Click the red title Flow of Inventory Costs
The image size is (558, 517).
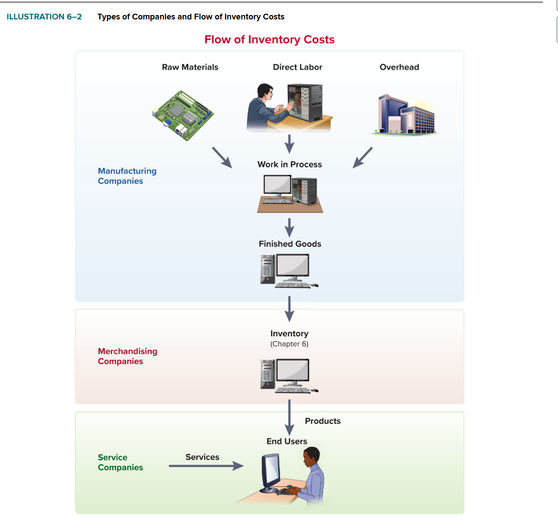click(269, 40)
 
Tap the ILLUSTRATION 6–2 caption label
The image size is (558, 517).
click(44, 17)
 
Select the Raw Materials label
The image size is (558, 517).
click(190, 67)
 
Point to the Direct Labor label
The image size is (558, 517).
click(298, 67)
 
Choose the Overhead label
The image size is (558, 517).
click(399, 67)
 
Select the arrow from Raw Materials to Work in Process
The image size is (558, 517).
click(222, 157)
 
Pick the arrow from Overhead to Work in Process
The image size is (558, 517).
click(362, 157)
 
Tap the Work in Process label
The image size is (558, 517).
click(290, 164)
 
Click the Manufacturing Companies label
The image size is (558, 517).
click(127, 176)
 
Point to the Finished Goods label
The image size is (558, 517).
click(290, 244)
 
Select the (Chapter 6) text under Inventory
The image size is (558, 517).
click(289, 344)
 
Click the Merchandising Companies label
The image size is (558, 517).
click(128, 356)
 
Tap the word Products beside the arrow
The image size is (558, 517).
click(323, 421)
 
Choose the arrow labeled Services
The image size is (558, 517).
click(206, 466)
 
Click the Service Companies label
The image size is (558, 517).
click(120, 462)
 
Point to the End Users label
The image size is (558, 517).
click(287, 441)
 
